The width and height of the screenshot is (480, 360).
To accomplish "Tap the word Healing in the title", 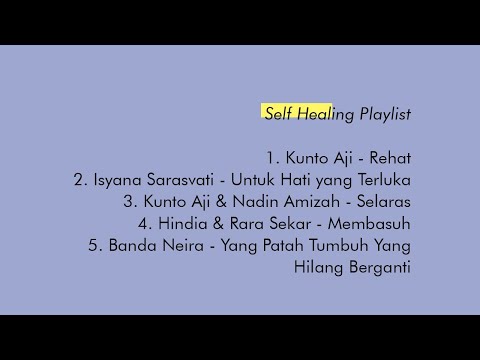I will pos(320,113).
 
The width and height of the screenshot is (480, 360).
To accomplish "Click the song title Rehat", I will pos(390,158).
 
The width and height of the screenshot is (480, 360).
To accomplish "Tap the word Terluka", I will pos(379,180).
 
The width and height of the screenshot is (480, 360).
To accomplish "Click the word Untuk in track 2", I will pos(250,180).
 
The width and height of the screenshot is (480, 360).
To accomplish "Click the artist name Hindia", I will pos(192,224).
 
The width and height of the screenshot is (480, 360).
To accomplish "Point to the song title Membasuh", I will pos(367,224).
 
